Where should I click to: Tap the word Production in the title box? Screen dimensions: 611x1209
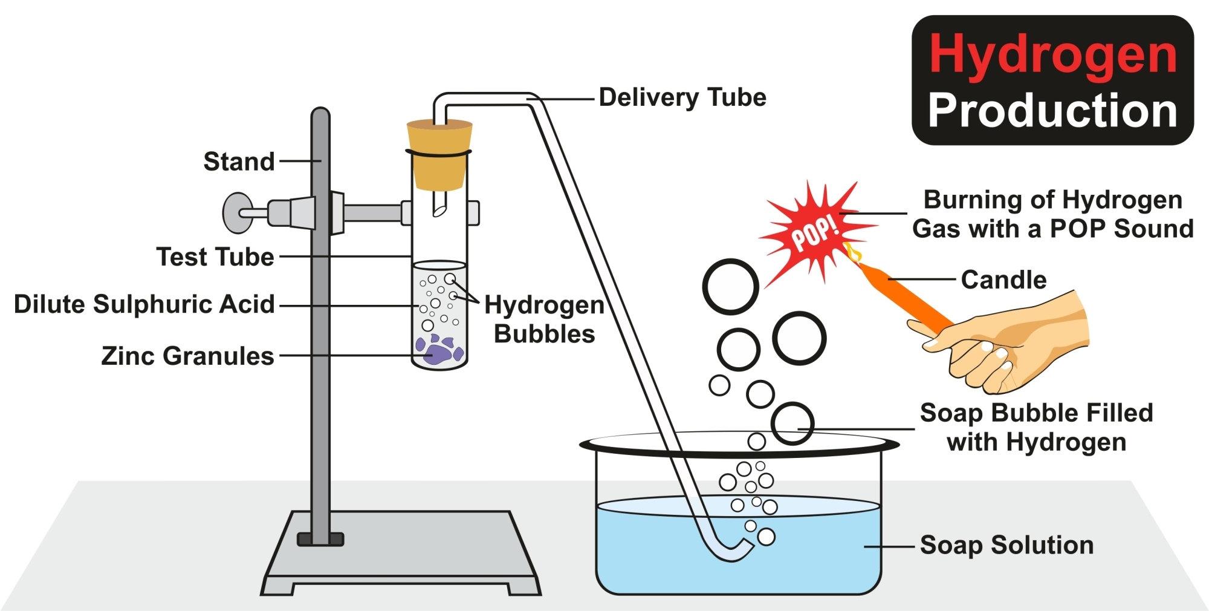tap(1052, 111)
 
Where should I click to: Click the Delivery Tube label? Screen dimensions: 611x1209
tap(682, 97)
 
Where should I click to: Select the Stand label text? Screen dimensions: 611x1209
tap(239, 162)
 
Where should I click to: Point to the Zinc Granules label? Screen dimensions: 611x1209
tap(187, 356)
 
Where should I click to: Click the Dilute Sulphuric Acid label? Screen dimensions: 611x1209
tap(144, 304)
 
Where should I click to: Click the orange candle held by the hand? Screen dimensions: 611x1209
tap(901, 296)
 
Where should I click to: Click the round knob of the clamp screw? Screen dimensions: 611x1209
tap(236, 213)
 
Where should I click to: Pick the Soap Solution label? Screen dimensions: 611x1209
tap(1006, 545)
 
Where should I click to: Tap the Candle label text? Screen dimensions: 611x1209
tap(1003, 280)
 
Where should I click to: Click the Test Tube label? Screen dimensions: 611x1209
tap(215, 257)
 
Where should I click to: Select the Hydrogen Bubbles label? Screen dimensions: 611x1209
tap(544, 319)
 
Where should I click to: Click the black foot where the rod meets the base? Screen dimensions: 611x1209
tap(320, 539)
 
